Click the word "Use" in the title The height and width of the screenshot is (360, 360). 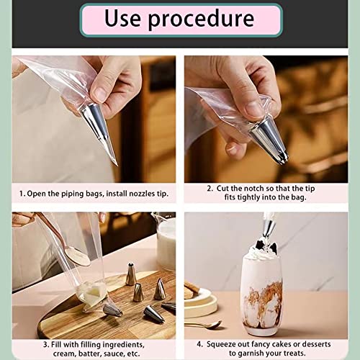[x=122, y=18]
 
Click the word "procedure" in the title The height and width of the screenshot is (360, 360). [x=201, y=20]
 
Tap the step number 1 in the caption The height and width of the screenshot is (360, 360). [x=22, y=194]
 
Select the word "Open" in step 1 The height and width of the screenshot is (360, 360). [x=36, y=194]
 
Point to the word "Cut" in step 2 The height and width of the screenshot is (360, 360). [x=222, y=189]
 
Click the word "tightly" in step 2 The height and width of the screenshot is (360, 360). [x=248, y=197]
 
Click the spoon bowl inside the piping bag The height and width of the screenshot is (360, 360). [x=78, y=256]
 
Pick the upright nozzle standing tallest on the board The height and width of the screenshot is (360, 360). [x=131, y=274]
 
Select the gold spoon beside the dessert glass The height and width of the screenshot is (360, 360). [x=204, y=325]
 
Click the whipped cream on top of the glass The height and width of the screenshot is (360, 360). [x=262, y=253]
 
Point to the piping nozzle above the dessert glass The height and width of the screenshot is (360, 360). [x=269, y=229]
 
